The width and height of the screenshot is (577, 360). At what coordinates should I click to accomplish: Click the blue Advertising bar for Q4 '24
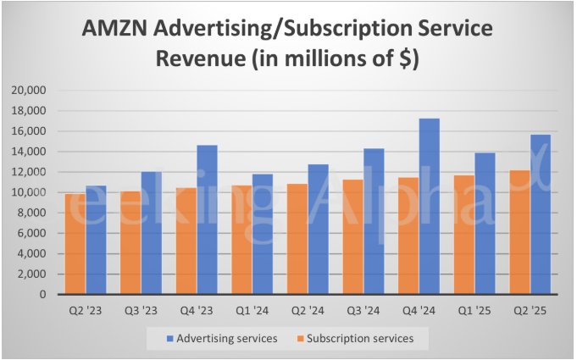pos(430,207)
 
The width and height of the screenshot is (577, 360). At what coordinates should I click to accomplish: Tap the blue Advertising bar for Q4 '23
pos(208,220)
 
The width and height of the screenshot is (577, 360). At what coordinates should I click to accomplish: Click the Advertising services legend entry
pos(228,339)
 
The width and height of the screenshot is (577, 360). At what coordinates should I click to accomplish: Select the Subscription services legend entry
pos(360,339)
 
